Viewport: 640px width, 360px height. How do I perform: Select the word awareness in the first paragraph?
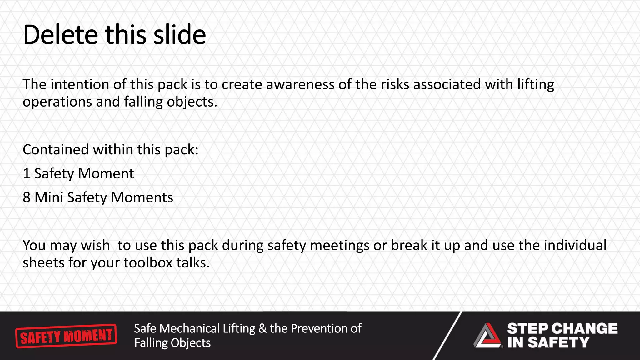[x=300, y=84]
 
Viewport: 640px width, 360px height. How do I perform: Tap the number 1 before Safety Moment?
[x=27, y=174]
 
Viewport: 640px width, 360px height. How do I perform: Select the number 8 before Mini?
[x=27, y=198]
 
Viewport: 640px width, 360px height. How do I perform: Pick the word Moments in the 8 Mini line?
[x=142, y=198]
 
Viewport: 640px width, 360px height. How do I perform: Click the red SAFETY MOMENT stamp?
[x=66, y=336]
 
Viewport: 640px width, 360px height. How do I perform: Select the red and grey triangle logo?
[x=487, y=336]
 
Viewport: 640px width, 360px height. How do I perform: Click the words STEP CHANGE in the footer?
[x=562, y=328]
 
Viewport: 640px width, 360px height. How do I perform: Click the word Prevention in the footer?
[x=319, y=329]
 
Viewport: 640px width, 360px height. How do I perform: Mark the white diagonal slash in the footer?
[x=447, y=336]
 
